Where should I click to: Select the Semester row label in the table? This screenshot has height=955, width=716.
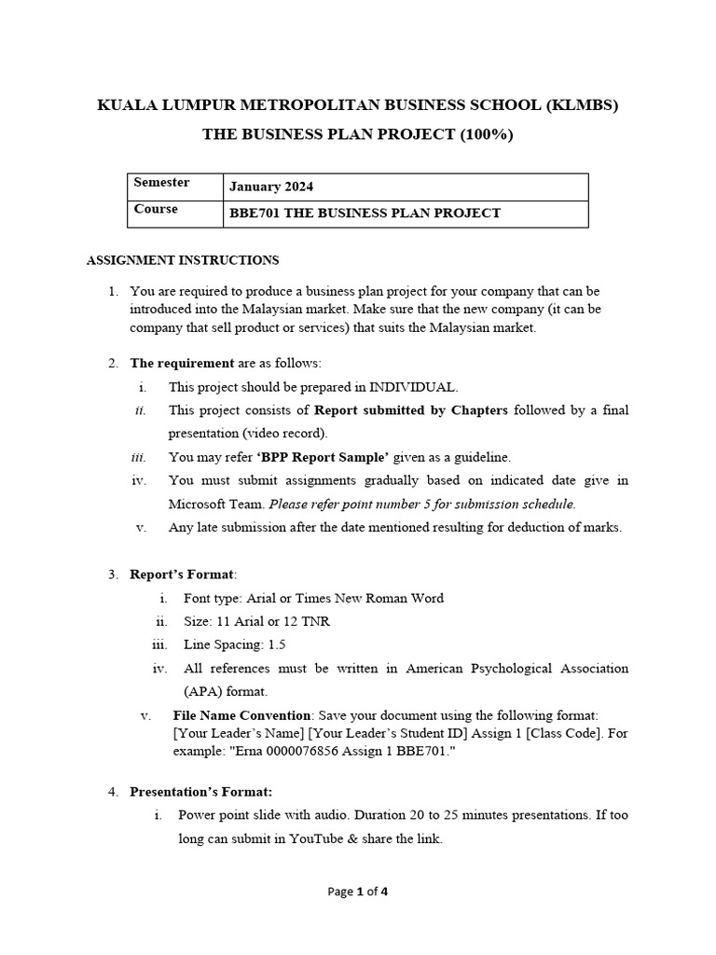pos(161,183)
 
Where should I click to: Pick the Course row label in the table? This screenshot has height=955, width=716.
pos(156,209)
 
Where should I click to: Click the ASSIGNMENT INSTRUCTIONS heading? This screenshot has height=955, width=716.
pos(183,260)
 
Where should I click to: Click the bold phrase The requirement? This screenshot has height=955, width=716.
pos(169,363)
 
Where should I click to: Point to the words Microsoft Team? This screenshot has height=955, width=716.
pos(216,504)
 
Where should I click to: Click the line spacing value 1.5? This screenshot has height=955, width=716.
pos(277,644)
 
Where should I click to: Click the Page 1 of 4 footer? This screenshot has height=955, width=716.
pos(358,892)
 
